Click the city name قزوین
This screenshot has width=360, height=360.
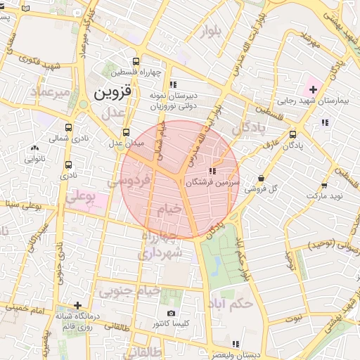(112, 92)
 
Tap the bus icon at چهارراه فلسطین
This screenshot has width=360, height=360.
(136, 60)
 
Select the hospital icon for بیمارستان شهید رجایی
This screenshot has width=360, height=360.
(313, 90)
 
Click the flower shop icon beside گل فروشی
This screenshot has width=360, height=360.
(262, 179)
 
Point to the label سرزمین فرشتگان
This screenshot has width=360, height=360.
(213, 181)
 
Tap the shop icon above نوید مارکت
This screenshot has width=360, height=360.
(324, 186)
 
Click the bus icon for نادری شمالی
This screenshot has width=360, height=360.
(68, 128)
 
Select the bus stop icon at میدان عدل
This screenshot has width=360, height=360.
(126, 132)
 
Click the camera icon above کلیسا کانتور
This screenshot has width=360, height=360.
(171, 313)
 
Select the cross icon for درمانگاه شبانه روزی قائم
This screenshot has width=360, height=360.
(77, 305)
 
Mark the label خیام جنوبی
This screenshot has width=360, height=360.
(129, 290)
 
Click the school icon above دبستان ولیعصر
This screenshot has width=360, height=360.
(236, 344)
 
